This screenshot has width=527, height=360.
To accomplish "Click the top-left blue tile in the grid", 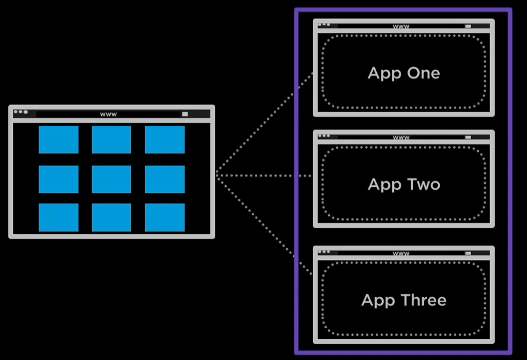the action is coord(58,139).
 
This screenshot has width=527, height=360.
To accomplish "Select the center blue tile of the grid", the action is coord(111,179).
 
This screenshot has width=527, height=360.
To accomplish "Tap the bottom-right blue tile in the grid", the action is coord(165,217).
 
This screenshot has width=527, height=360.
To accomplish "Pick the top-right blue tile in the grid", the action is coord(165,139).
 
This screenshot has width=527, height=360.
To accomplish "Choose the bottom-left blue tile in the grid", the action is coord(58,217).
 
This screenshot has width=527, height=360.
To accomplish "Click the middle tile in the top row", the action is coord(111,139).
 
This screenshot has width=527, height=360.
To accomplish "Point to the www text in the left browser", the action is coord(109,114).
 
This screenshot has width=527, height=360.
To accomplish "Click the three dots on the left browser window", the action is coord(21,112).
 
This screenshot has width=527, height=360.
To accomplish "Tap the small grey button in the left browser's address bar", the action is coord(185,114).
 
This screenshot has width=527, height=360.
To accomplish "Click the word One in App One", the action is coord(423,73).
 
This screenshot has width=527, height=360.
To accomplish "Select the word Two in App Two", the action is coord(423,184).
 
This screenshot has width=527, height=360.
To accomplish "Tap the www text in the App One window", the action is coord(401,26).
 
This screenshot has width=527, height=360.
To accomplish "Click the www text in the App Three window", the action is coord(401,253).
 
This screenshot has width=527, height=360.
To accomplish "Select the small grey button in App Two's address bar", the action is coord(468,137).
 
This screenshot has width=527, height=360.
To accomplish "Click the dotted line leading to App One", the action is coord(264,123).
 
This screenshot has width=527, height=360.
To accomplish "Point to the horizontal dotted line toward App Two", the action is coord(264,175).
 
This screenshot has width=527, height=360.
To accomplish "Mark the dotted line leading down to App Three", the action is coord(264,225).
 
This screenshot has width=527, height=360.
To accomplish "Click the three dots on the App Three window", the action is coord(324,251).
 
